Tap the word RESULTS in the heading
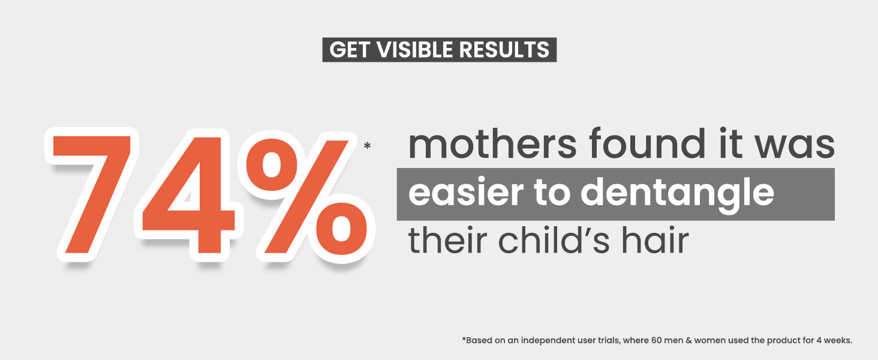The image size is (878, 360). click(x=504, y=50)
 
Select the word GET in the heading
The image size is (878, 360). click(x=349, y=50)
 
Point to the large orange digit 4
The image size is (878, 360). click(x=189, y=195)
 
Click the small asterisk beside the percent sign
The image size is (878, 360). click(x=367, y=146)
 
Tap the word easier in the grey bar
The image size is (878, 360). click(x=466, y=192)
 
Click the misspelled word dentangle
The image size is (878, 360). click(x=677, y=194)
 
